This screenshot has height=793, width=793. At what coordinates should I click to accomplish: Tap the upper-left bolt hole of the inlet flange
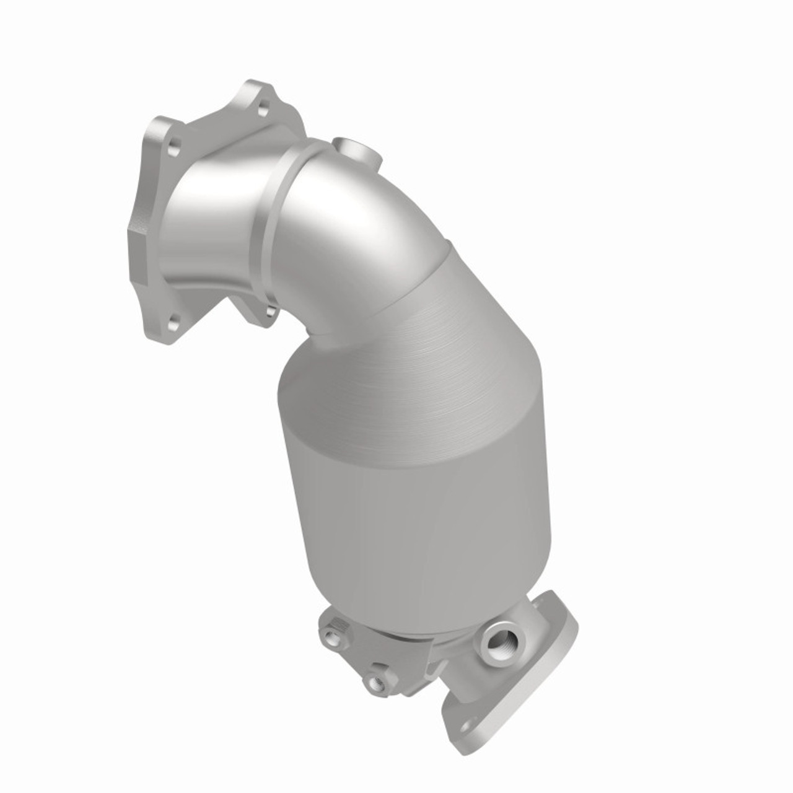174,148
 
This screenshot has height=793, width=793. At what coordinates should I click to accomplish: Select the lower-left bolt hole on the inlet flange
173,320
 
